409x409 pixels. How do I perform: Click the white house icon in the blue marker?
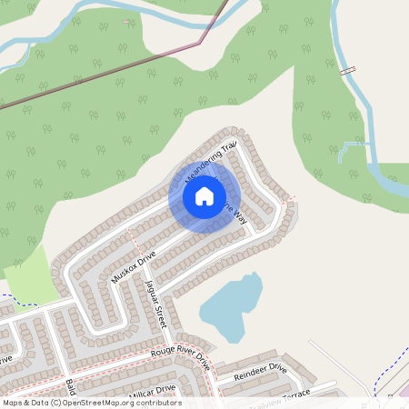pyautogui.click(x=204, y=195)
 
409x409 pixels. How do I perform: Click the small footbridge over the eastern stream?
pyautogui.click(x=346, y=70)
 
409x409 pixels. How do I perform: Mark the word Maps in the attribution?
pyautogui.click(x=14, y=403)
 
